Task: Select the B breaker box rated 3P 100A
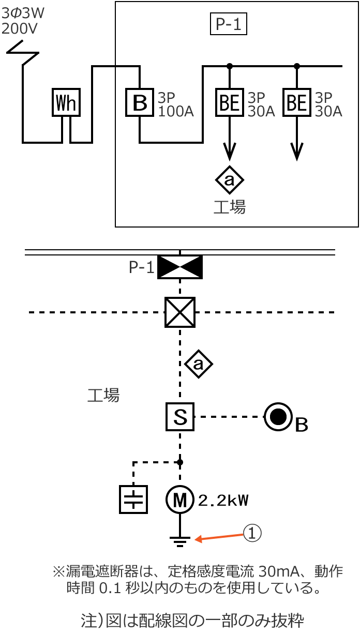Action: coord(140,102)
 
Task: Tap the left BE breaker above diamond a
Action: coord(230,102)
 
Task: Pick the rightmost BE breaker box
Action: coord(297,102)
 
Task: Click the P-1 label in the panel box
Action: coord(229,24)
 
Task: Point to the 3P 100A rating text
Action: coord(176,104)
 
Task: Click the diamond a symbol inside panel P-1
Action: coord(230,179)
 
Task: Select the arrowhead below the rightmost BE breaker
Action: coord(297,152)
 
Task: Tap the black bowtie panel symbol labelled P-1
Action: coord(179,267)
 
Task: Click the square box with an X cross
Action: coord(180,312)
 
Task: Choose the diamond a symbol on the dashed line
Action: coord(199,365)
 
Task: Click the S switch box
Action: coord(180,417)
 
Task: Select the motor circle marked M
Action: coord(179,500)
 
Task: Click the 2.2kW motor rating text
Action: coord(223,501)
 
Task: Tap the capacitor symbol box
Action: coord(133,500)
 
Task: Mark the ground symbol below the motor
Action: coord(179,541)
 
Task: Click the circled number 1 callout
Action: coord(252,533)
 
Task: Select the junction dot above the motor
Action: coord(180,462)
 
